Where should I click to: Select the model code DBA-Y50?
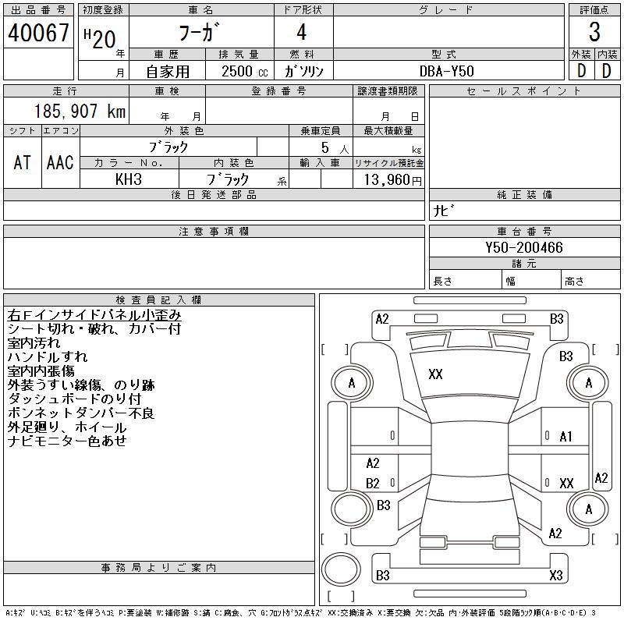click(x=447, y=70)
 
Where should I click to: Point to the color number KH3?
click(x=129, y=179)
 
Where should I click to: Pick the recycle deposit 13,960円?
click(x=388, y=179)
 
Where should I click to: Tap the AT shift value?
click(x=22, y=162)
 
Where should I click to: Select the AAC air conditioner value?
click(x=59, y=162)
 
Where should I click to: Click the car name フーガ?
click(x=201, y=33)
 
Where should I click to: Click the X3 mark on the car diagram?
click(x=555, y=576)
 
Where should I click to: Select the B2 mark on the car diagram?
click(x=373, y=483)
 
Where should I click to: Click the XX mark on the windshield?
click(x=435, y=374)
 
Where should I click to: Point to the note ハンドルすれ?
click(x=48, y=357)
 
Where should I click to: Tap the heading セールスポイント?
click(x=523, y=91)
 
